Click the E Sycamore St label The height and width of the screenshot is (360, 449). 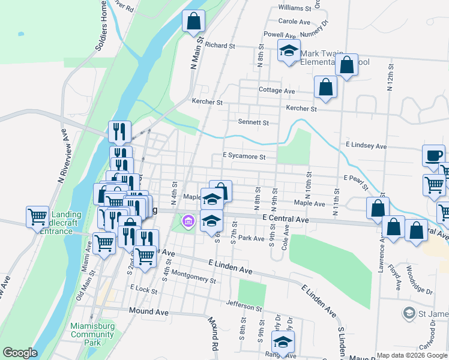tap(244, 157)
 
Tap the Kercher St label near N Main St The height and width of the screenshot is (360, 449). tap(207, 102)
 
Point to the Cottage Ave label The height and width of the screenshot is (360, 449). tap(277, 91)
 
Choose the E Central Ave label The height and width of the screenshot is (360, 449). tap(285, 221)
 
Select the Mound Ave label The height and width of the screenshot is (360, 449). tap(149, 312)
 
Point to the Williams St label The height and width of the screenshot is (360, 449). tap(295, 9)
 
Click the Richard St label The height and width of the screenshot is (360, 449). tap(220, 46)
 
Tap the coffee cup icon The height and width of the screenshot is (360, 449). tap(433, 156)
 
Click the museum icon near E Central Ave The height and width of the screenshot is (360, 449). tap(188, 222)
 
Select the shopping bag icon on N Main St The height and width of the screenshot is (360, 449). tap(193, 22)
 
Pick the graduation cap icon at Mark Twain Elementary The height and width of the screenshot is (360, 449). tap(289, 51)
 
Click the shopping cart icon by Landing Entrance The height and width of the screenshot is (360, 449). tap(38, 216)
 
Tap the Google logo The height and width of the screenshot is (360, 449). tap(20, 353)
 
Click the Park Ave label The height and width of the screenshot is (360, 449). tap(251, 238)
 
